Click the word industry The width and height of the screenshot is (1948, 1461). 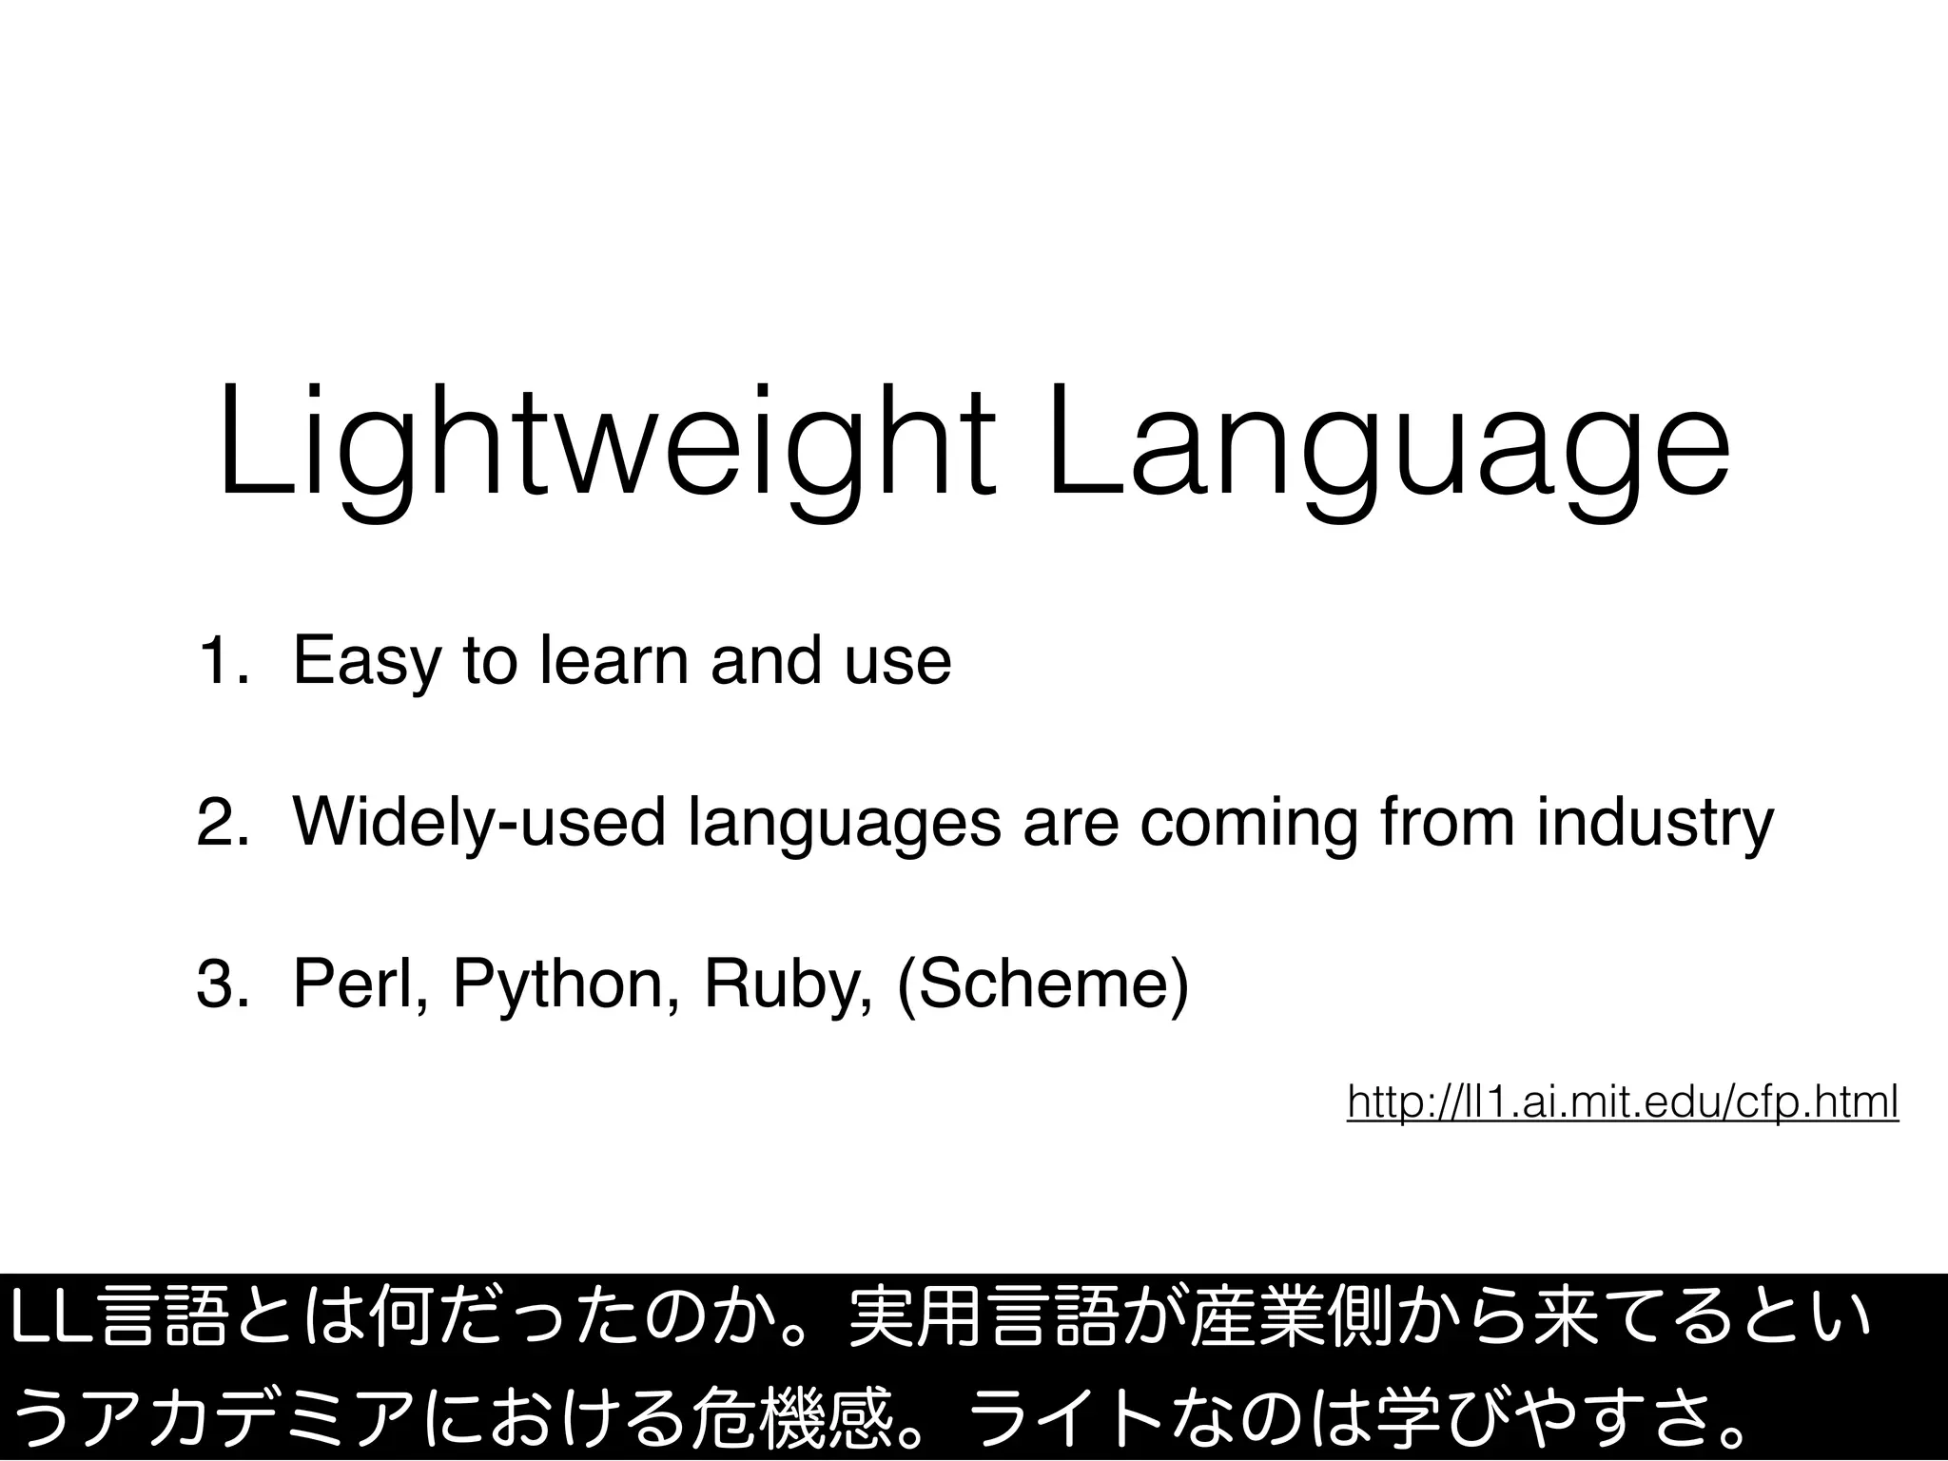pos(1655,824)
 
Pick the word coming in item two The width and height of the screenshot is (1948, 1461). pos(1247,824)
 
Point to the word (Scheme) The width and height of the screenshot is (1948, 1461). pos(1042,985)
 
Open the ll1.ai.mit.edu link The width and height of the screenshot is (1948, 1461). pos(1623,1102)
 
